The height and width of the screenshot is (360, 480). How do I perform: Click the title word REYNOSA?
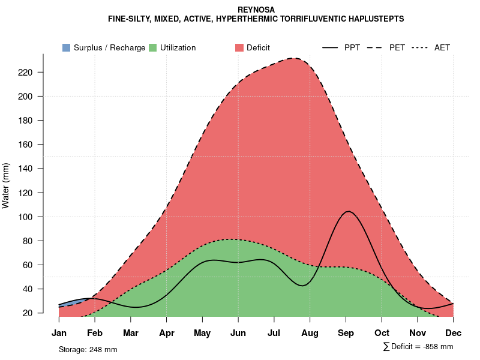(x=256, y=10)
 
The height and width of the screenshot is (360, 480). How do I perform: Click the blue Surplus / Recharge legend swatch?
(x=66, y=47)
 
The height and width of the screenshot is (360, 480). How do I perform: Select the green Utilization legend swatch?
(x=152, y=47)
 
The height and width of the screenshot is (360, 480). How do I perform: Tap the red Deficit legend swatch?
(x=239, y=47)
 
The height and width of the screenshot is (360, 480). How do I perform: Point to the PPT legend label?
(x=352, y=47)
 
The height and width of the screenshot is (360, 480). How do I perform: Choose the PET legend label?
(x=397, y=47)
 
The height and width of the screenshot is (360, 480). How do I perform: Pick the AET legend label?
(x=442, y=47)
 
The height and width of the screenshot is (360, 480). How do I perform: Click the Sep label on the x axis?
(x=346, y=333)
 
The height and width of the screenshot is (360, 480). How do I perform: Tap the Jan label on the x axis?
(x=59, y=333)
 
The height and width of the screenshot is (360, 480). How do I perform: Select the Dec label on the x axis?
(x=454, y=333)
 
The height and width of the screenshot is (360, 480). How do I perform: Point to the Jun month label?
(x=238, y=333)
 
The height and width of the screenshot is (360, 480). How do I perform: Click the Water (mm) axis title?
(x=6, y=185)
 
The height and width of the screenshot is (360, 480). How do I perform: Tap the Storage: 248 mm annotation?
(x=88, y=349)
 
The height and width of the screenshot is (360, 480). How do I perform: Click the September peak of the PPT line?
(x=347, y=211)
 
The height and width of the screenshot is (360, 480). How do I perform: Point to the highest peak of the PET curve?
(x=293, y=58)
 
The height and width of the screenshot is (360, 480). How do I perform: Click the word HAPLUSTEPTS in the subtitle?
(x=373, y=19)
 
